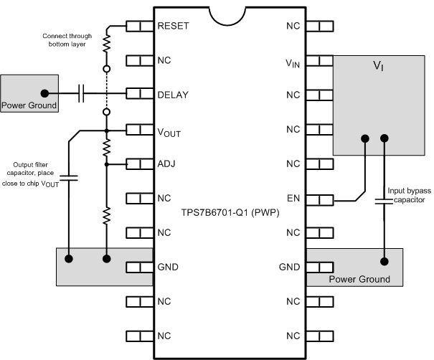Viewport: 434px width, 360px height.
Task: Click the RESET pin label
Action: click(x=173, y=26)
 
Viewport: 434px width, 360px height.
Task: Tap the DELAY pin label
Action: click(x=172, y=95)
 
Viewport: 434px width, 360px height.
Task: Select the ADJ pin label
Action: click(x=166, y=164)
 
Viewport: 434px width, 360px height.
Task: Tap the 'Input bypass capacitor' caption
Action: click(x=409, y=196)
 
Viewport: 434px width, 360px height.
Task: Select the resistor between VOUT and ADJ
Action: click(x=107, y=148)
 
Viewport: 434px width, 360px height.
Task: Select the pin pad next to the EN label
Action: click(x=319, y=199)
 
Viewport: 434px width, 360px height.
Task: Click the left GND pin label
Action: click(x=168, y=267)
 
